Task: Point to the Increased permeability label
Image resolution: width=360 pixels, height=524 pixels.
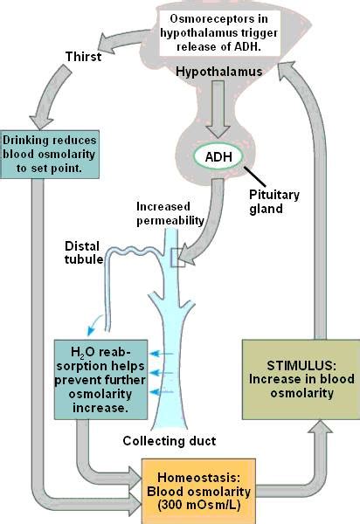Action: (x=172, y=213)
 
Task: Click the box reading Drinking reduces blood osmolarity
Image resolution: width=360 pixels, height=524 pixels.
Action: (x=50, y=152)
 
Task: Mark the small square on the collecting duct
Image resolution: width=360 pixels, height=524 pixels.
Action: (x=179, y=257)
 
